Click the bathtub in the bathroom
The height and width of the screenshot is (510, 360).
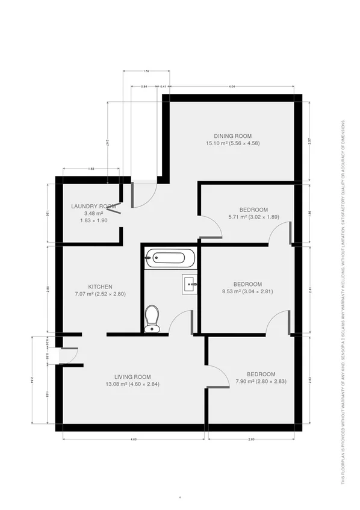(x=170, y=258)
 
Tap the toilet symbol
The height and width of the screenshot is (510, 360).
(x=152, y=319)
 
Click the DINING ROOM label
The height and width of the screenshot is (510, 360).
(x=232, y=136)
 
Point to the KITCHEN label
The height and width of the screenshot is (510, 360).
(x=101, y=287)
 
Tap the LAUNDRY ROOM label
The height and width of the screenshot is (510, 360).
(x=93, y=207)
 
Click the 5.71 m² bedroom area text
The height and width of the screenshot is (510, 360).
(x=253, y=217)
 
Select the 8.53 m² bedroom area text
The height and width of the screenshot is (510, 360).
(x=247, y=291)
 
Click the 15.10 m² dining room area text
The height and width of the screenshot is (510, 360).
(x=232, y=143)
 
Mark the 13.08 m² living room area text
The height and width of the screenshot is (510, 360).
(x=132, y=384)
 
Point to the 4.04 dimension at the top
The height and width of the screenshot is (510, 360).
(x=232, y=87)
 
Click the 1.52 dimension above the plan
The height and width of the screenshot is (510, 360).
(x=146, y=72)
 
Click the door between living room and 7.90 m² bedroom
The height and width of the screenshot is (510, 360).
(x=217, y=376)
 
